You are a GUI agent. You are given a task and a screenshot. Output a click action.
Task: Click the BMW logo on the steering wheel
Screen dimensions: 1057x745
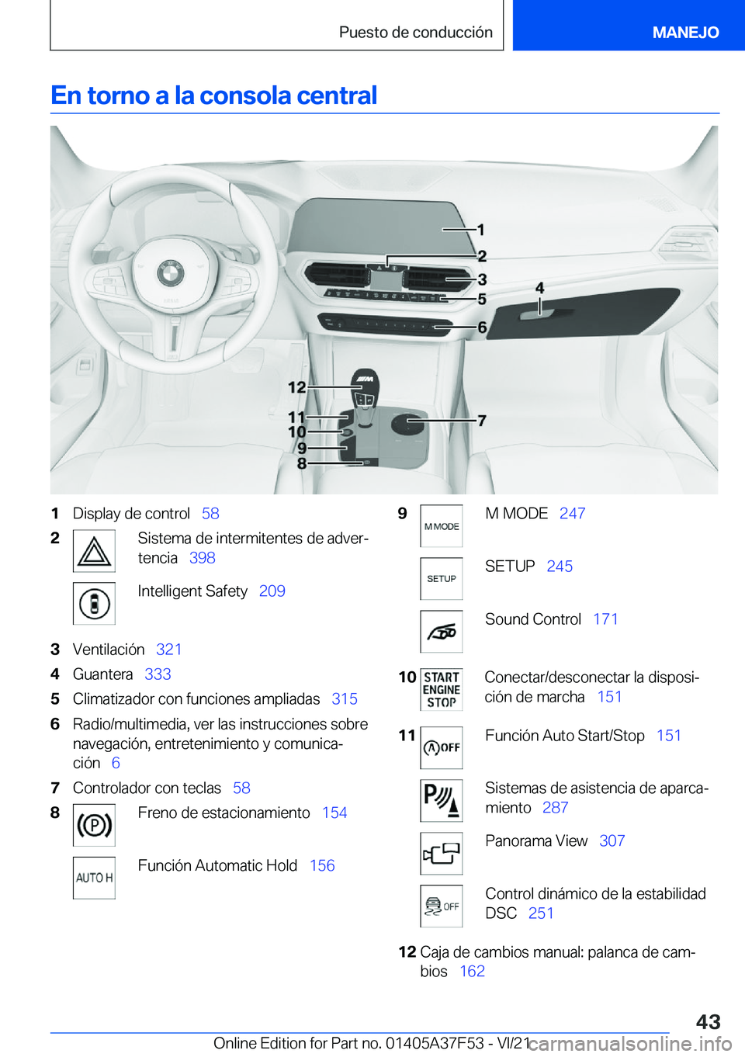(x=170, y=272)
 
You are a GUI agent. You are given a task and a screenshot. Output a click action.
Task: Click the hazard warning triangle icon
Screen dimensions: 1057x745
(x=94, y=551)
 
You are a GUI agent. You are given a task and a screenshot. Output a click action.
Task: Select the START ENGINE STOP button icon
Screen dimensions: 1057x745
(x=442, y=690)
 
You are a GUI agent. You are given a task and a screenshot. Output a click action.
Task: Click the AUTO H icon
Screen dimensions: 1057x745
(x=94, y=878)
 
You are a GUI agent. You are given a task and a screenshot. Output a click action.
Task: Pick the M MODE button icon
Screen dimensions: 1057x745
(x=442, y=526)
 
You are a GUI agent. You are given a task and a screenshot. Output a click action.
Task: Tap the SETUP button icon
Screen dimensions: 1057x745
(x=442, y=579)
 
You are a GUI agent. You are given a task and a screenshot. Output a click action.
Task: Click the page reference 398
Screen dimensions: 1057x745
(x=203, y=558)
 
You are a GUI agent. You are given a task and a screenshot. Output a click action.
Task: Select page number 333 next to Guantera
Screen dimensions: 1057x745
(x=158, y=674)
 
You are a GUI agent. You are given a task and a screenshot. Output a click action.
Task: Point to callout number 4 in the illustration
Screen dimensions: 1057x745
(x=539, y=288)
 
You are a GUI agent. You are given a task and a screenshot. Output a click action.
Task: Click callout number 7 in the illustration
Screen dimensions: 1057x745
(x=482, y=421)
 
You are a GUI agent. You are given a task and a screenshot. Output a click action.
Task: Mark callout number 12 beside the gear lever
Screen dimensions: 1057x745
(x=296, y=387)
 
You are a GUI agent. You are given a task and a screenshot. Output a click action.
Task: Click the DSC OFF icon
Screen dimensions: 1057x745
(x=442, y=906)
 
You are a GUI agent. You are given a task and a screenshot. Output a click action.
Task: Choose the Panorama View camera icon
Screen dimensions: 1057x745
(x=442, y=854)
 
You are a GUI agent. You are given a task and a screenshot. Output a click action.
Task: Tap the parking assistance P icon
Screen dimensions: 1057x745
(x=442, y=801)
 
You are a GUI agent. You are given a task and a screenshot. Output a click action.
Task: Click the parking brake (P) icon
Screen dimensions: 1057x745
(x=94, y=825)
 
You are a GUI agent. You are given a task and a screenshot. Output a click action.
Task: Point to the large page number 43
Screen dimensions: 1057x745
(x=708, y=1022)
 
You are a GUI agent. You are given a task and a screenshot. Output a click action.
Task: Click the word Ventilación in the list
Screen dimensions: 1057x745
(x=109, y=650)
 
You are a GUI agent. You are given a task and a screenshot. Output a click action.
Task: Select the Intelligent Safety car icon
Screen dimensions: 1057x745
(x=94, y=604)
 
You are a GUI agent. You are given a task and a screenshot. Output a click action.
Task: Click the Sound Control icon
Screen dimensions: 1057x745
(x=442, y=632)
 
